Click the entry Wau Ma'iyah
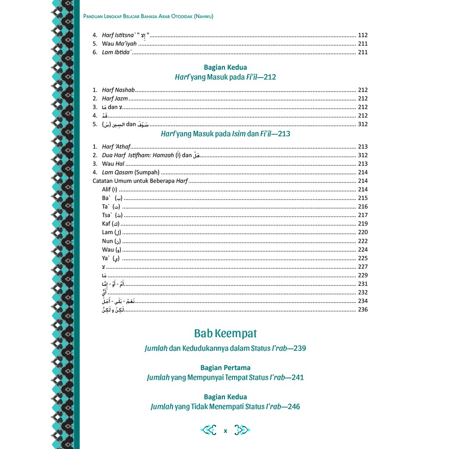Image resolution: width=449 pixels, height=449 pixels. [119, 44]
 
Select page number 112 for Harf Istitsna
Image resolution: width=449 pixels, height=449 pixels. [363, 35]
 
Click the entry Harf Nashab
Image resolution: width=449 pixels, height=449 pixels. [118, 90]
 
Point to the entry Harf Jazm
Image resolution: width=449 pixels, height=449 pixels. [115, 99]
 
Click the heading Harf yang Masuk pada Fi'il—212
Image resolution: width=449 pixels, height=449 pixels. [225, 77]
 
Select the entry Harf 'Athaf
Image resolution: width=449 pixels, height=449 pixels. [116, 146]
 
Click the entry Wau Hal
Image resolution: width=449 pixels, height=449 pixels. [113, 164]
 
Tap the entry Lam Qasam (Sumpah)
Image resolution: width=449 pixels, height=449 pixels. [130, 172]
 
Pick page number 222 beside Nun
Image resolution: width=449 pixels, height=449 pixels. [363, 241]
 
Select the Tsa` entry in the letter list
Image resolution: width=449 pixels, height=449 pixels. [112, 215]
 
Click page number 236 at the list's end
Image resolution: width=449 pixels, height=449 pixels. [363, 310]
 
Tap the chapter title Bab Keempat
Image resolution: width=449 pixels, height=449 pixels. [225, 333]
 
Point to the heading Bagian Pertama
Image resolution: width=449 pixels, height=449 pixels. [225, 367]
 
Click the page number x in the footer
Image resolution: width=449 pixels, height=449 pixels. [225, 431]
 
